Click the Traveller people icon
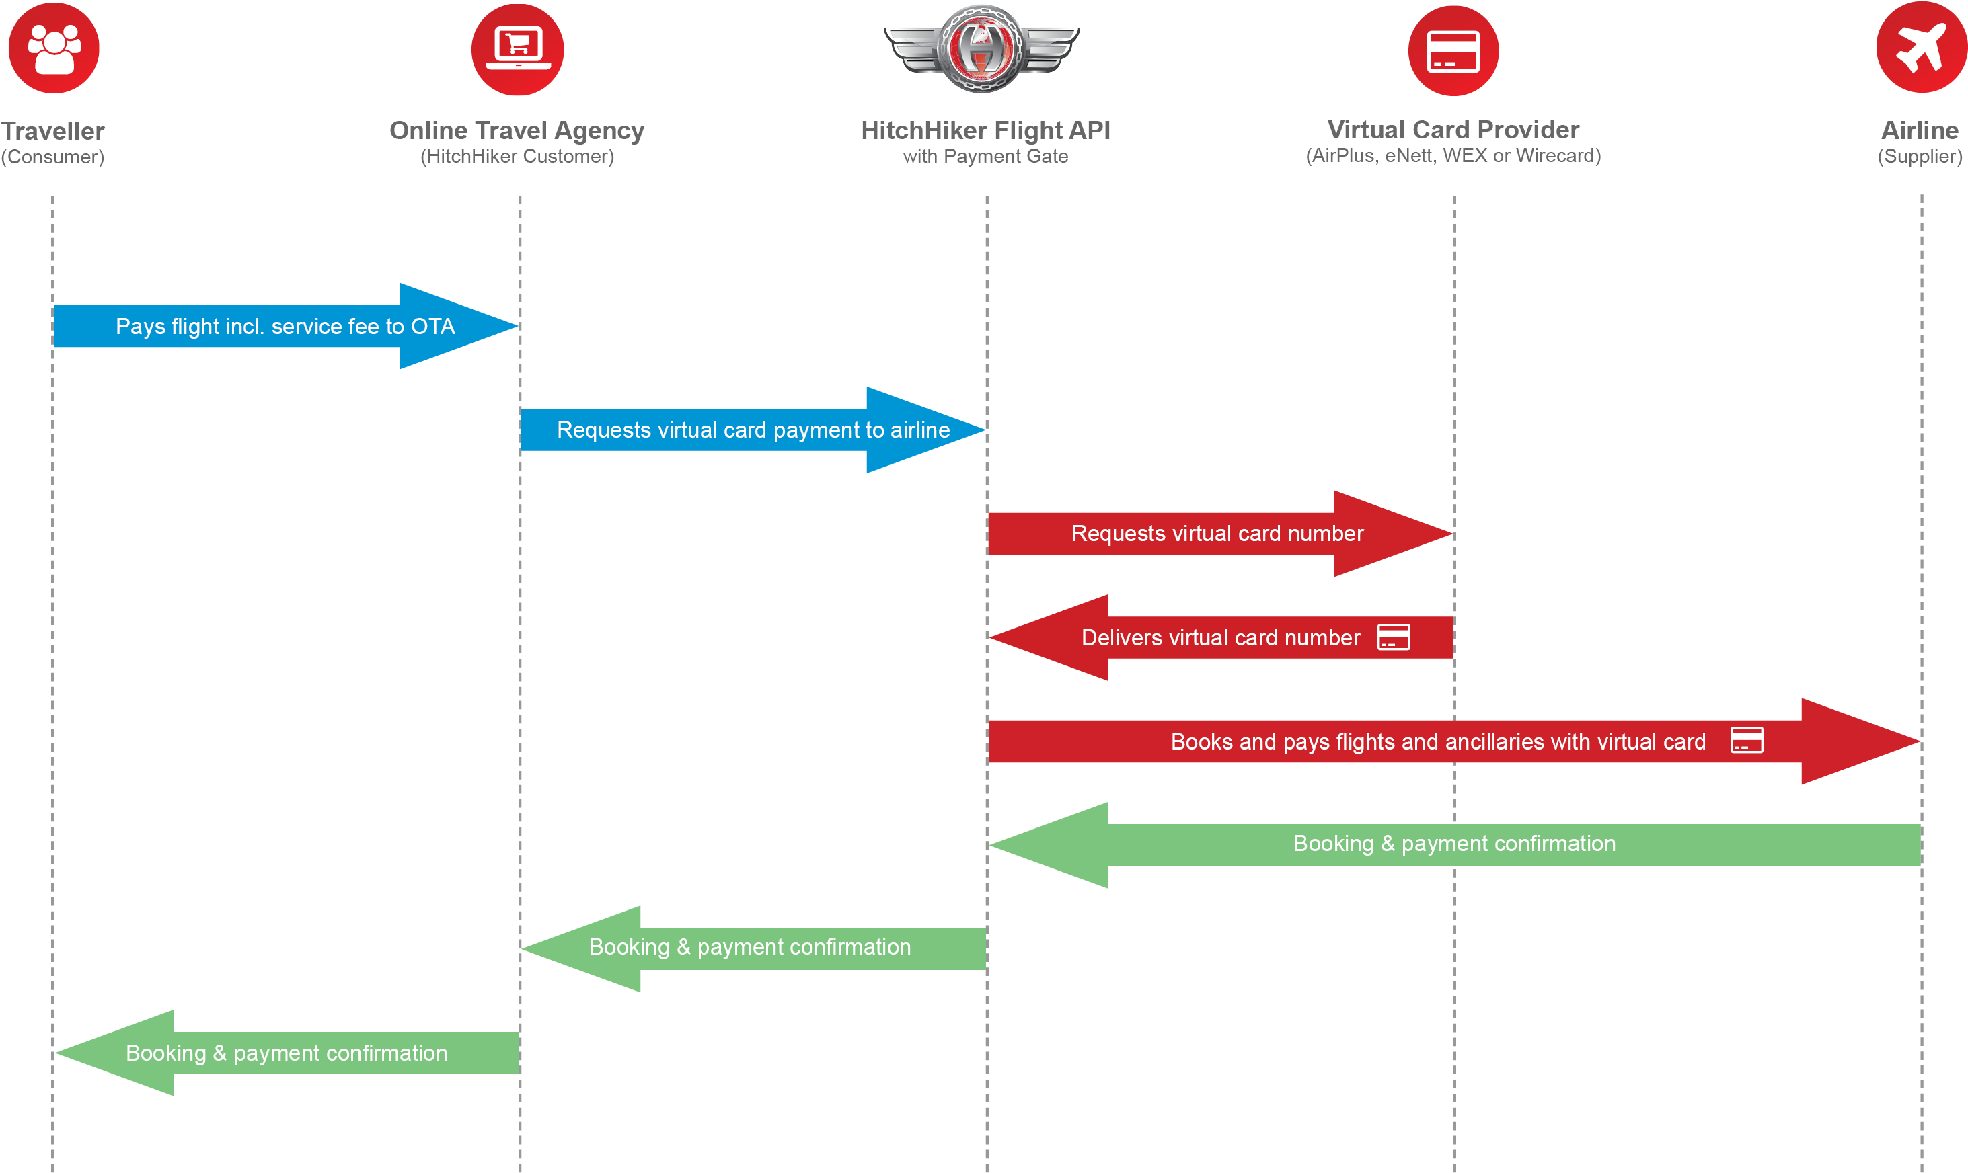(x=54, y=48)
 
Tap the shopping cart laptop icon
(x=518, y=50)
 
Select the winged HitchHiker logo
(x=981, y=48)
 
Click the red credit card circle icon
(x=1453, y=50)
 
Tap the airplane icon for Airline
(x=1922, y=48)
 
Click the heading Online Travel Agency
(x=517, y=130)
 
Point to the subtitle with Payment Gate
(x=985, y=157)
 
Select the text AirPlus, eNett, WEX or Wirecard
(x=1453, y=156)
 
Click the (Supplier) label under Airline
(x=1920, y=157)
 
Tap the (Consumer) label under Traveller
(x=52, y=157)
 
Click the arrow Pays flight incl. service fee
(x=285, y=327)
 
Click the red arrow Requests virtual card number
(x=1217, y=534)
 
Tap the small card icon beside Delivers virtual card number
(x=1393, y=637)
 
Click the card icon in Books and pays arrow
(x=1746, y=741)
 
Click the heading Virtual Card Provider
(x=1453, y=130)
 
